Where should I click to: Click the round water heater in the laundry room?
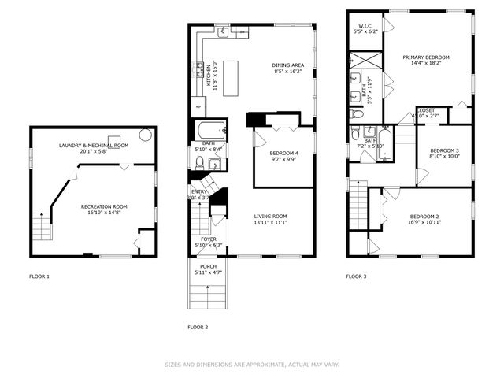(x=146, y=135)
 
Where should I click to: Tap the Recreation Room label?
(x=104, y=206)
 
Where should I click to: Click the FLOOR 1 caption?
(x=39, y=276)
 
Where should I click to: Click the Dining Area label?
(x=288, y=65)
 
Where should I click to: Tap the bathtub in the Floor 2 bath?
(x=209, y=130)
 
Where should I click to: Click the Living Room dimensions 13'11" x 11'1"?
(x=270, y=223)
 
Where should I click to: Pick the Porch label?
(x=208, y=266)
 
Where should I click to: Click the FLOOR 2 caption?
(x=198, y=327)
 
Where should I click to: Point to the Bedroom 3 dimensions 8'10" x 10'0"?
(x=445, y=156)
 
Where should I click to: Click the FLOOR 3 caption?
(x=357, y=276)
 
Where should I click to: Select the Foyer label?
(x=208, y=239)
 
